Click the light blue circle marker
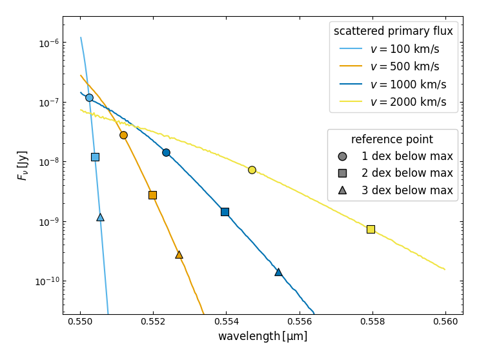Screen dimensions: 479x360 [x=89, y=97]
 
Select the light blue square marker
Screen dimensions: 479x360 [x=96, y=157]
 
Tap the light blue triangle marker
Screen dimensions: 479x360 [x=100, y=217]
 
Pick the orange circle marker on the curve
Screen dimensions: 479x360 [x=123, y=135]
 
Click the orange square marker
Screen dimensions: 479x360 [x=153, y=195]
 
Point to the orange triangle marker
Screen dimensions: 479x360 [x=179, y=255]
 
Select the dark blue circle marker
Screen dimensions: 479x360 [x=166, y=152]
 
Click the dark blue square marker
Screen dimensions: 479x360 [x=225, y=212]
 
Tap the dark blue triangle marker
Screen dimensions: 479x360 [x=278, y=272]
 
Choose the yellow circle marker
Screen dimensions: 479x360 [x=252, y=170]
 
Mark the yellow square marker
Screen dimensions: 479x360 [x=371, y=229]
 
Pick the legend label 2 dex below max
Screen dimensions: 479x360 [x=407, y=173]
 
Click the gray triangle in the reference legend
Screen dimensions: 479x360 [x=342, y=190]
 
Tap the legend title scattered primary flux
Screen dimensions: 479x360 [x=393, y=31]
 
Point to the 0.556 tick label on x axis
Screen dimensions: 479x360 [x=300, y=321]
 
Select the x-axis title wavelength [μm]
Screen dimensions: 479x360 [x=263, y=336]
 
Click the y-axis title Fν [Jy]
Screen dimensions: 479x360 [x=23, y=166]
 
